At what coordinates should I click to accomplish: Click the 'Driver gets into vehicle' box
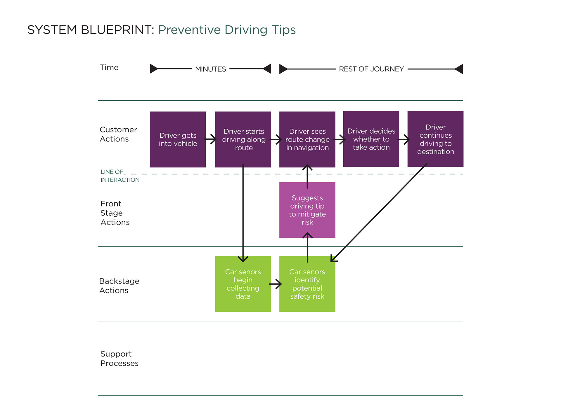coord(178,139)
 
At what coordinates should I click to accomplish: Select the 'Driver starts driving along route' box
coord(243,139)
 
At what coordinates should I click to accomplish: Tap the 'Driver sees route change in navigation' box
coord(307,139)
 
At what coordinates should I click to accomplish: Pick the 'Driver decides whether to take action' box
coord(371,139)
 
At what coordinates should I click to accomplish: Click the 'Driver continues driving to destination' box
coord(435,139)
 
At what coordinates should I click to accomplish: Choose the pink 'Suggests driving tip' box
coord(307,210)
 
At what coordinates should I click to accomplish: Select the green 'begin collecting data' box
coord(243,284)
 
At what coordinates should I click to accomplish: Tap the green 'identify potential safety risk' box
coord(307,284)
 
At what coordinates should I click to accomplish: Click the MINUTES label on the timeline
coord(211,69)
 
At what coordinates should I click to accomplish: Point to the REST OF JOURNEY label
coord(371,69)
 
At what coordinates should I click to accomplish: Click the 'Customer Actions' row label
coord(118,134)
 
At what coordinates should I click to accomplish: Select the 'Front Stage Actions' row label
coord(115,213)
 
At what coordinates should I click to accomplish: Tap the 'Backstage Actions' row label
coord(119,286)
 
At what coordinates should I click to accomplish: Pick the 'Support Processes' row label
coord(119,358)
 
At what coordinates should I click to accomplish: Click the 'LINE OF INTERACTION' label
coord(120,176)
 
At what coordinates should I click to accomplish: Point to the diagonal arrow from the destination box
coord(379,213)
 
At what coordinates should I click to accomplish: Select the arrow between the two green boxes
coord(275,284)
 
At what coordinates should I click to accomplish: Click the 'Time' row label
coord(109,67)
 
